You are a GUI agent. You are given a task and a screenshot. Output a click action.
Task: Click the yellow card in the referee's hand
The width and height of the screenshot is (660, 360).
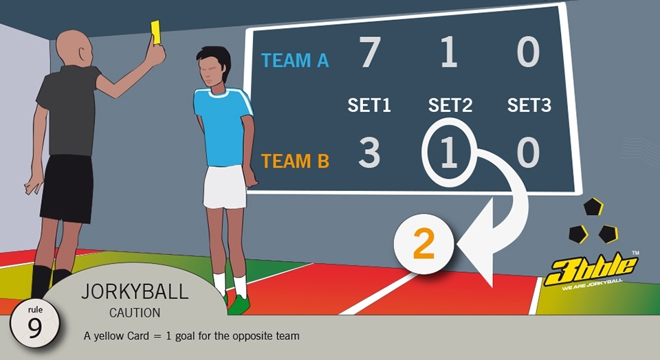(156, 32)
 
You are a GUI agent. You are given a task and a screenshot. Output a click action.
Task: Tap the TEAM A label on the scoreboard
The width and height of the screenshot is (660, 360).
(295, 60)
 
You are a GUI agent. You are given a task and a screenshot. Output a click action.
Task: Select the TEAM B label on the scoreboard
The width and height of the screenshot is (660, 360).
(295, 161)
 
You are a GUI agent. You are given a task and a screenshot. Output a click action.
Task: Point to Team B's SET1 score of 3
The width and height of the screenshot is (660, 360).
(369, 153)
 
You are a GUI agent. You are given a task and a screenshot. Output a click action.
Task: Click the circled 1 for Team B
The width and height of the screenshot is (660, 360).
(449, 153)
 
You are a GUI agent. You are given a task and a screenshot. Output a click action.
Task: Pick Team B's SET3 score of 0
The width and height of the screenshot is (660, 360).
(528, 153)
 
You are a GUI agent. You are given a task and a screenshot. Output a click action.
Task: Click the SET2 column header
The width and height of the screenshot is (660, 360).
(450, 105)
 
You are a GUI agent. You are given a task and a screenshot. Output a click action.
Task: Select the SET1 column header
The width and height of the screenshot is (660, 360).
(369, 105)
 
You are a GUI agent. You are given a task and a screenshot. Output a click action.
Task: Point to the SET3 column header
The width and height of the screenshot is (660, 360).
(529, 105)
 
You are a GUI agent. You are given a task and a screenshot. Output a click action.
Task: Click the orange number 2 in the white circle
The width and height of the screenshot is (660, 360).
(423, 245)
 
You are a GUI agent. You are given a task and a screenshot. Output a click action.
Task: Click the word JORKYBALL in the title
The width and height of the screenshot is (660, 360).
(135, 291)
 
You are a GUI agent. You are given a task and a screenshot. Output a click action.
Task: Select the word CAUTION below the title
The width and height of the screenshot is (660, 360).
(135, 313)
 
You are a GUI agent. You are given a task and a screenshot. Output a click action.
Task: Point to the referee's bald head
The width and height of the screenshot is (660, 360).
(74, 47)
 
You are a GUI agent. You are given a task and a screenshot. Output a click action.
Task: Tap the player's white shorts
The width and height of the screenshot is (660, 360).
(225, 186)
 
